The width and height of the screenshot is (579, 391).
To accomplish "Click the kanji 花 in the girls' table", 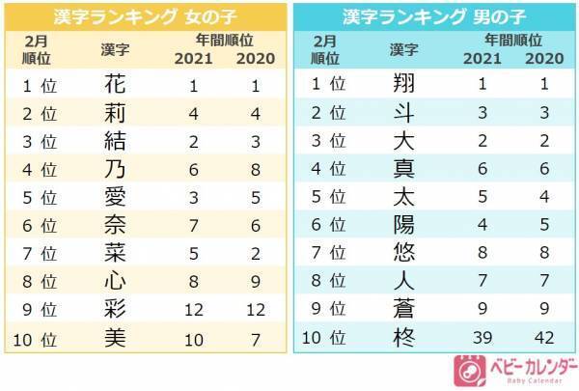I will (113, 85).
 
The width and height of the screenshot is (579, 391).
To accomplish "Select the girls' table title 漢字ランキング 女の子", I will (145, 16).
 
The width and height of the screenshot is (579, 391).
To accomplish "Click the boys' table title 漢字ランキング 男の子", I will (434, 16).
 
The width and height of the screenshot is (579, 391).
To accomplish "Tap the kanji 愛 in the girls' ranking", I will (113, 195).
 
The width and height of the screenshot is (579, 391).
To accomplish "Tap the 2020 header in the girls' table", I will (254, 57).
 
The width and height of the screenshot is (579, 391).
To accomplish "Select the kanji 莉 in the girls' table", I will (113, 113).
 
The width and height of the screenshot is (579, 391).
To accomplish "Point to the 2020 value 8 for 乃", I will (254, 168).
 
